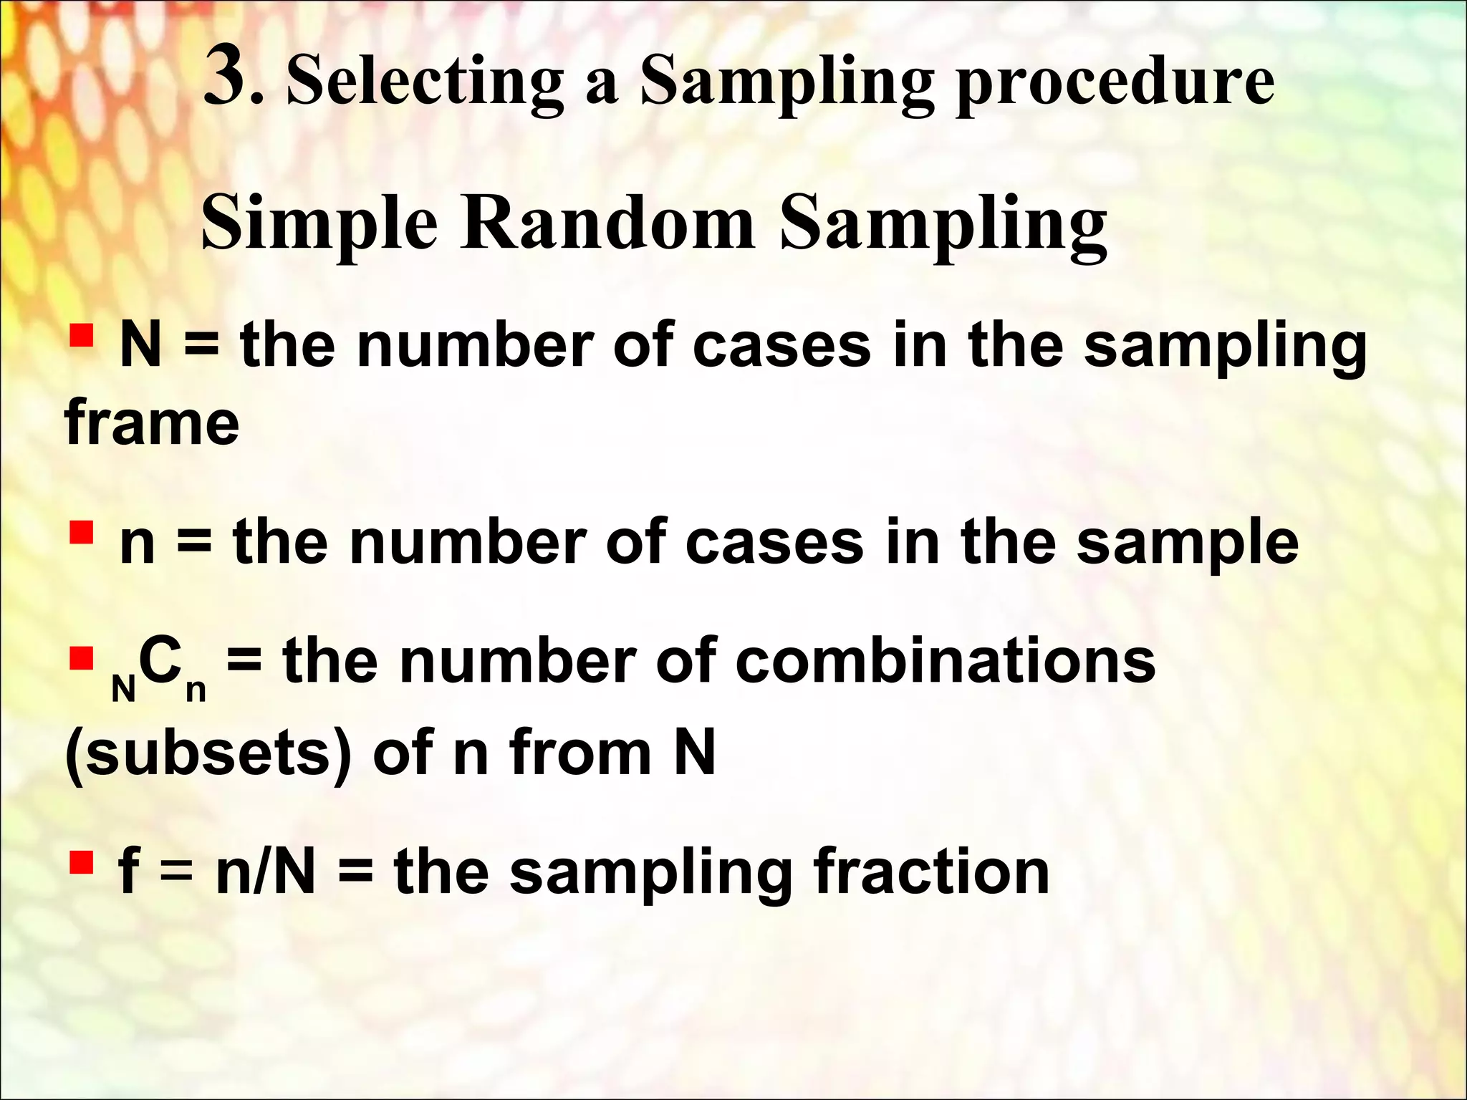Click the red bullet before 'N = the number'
tap(82, 334)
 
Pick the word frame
tap(152, 422)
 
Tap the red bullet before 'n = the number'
tap(82, 531)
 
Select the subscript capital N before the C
tap(124, 689)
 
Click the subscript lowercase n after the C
tap(196, 690)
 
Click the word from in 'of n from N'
tap(580, 752)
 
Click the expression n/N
tap(266, 872)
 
